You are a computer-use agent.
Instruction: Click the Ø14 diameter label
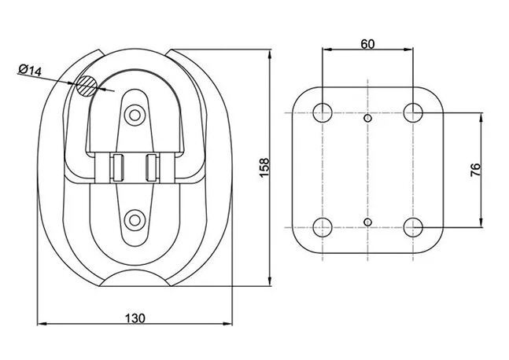(x=29, y=71)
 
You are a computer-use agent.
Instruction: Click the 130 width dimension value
(x=135, y=318)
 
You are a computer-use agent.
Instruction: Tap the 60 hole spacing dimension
(x=367, y=44)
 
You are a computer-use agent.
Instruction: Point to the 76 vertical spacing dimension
(x=475, y=171)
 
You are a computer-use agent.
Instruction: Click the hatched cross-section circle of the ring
(x=84, y=86)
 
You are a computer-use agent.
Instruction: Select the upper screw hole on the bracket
(x=136, y=116)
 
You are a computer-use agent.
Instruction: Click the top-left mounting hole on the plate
(x=323, y=112)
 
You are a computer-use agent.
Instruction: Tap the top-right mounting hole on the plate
(x=414, y=112)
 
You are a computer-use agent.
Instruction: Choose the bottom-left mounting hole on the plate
(x=323, y=228)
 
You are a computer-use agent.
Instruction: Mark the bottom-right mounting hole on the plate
(x=414, y=228)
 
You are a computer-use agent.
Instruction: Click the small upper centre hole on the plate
(x=368, y=119)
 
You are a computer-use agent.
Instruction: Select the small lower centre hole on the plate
(x=368, y=222)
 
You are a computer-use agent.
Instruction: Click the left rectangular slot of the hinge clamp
(x=117, y=167)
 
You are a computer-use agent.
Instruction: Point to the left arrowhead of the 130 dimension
(x=42, y=324)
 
